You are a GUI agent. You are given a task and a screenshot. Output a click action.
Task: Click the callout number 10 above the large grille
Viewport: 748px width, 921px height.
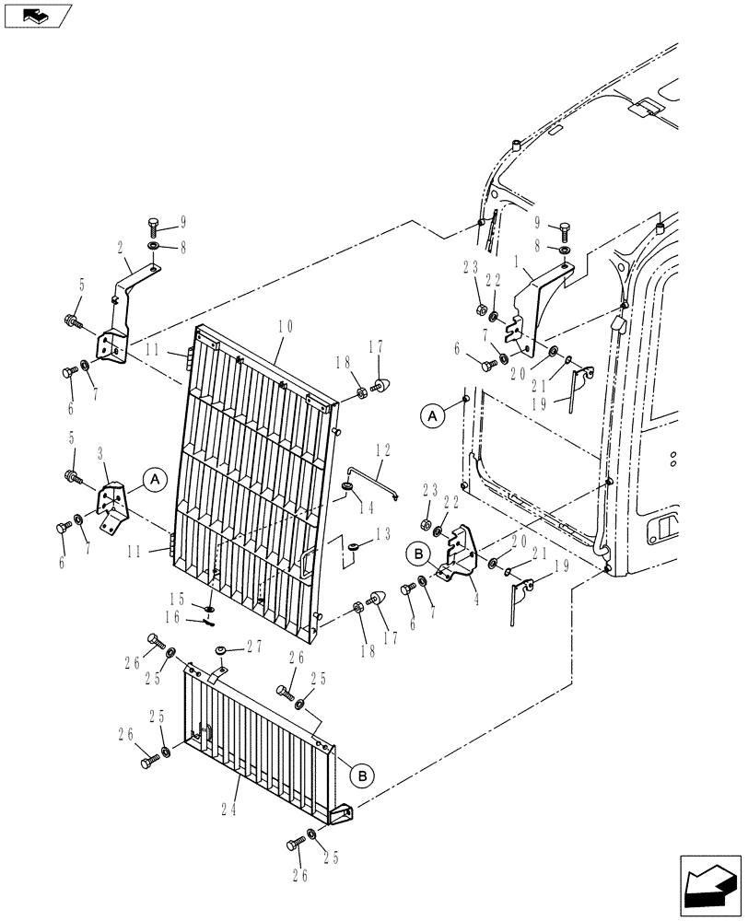(x=285, y=326)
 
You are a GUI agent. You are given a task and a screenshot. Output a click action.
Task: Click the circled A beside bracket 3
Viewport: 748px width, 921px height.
(x=154, y=478)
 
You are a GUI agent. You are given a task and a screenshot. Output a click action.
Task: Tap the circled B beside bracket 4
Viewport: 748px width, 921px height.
(x=417, y=554)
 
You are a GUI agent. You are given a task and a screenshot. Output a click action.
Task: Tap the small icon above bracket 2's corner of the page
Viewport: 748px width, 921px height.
(x=37, y=15)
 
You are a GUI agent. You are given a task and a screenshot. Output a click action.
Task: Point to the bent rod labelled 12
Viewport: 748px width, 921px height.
(x=373, y=483)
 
